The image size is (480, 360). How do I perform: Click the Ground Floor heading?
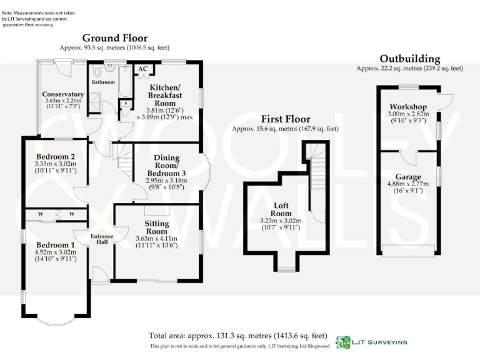pos(114,37)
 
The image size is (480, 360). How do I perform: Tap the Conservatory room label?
pos(64,94)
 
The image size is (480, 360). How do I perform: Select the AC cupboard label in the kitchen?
pos(142,69)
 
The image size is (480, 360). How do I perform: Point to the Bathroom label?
pos(103,82)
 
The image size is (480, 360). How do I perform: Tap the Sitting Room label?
pos(156,226)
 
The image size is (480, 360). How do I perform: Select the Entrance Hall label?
pos(101,239)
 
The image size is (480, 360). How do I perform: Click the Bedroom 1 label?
pos(55,244)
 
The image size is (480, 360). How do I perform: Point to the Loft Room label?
pos(281,209)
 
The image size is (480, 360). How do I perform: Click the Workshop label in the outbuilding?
pos(407,107)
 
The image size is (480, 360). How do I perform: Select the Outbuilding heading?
pos(409,59)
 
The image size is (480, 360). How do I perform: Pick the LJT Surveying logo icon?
pos(343,342)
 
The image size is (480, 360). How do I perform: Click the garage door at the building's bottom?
pos(407,251)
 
